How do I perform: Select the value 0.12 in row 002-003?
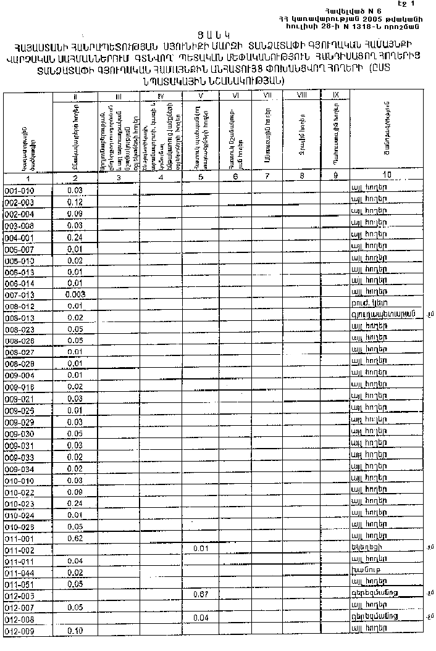pos(75,202)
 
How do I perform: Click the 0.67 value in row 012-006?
pos(199,595)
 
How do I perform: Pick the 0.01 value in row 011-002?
pos(199,549)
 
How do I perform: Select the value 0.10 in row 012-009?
pos(75,631)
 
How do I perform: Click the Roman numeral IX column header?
pos(335,95)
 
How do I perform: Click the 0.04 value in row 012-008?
pos(199,618)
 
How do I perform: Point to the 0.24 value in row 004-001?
pos(75,237)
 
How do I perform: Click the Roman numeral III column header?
pos(119,96)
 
